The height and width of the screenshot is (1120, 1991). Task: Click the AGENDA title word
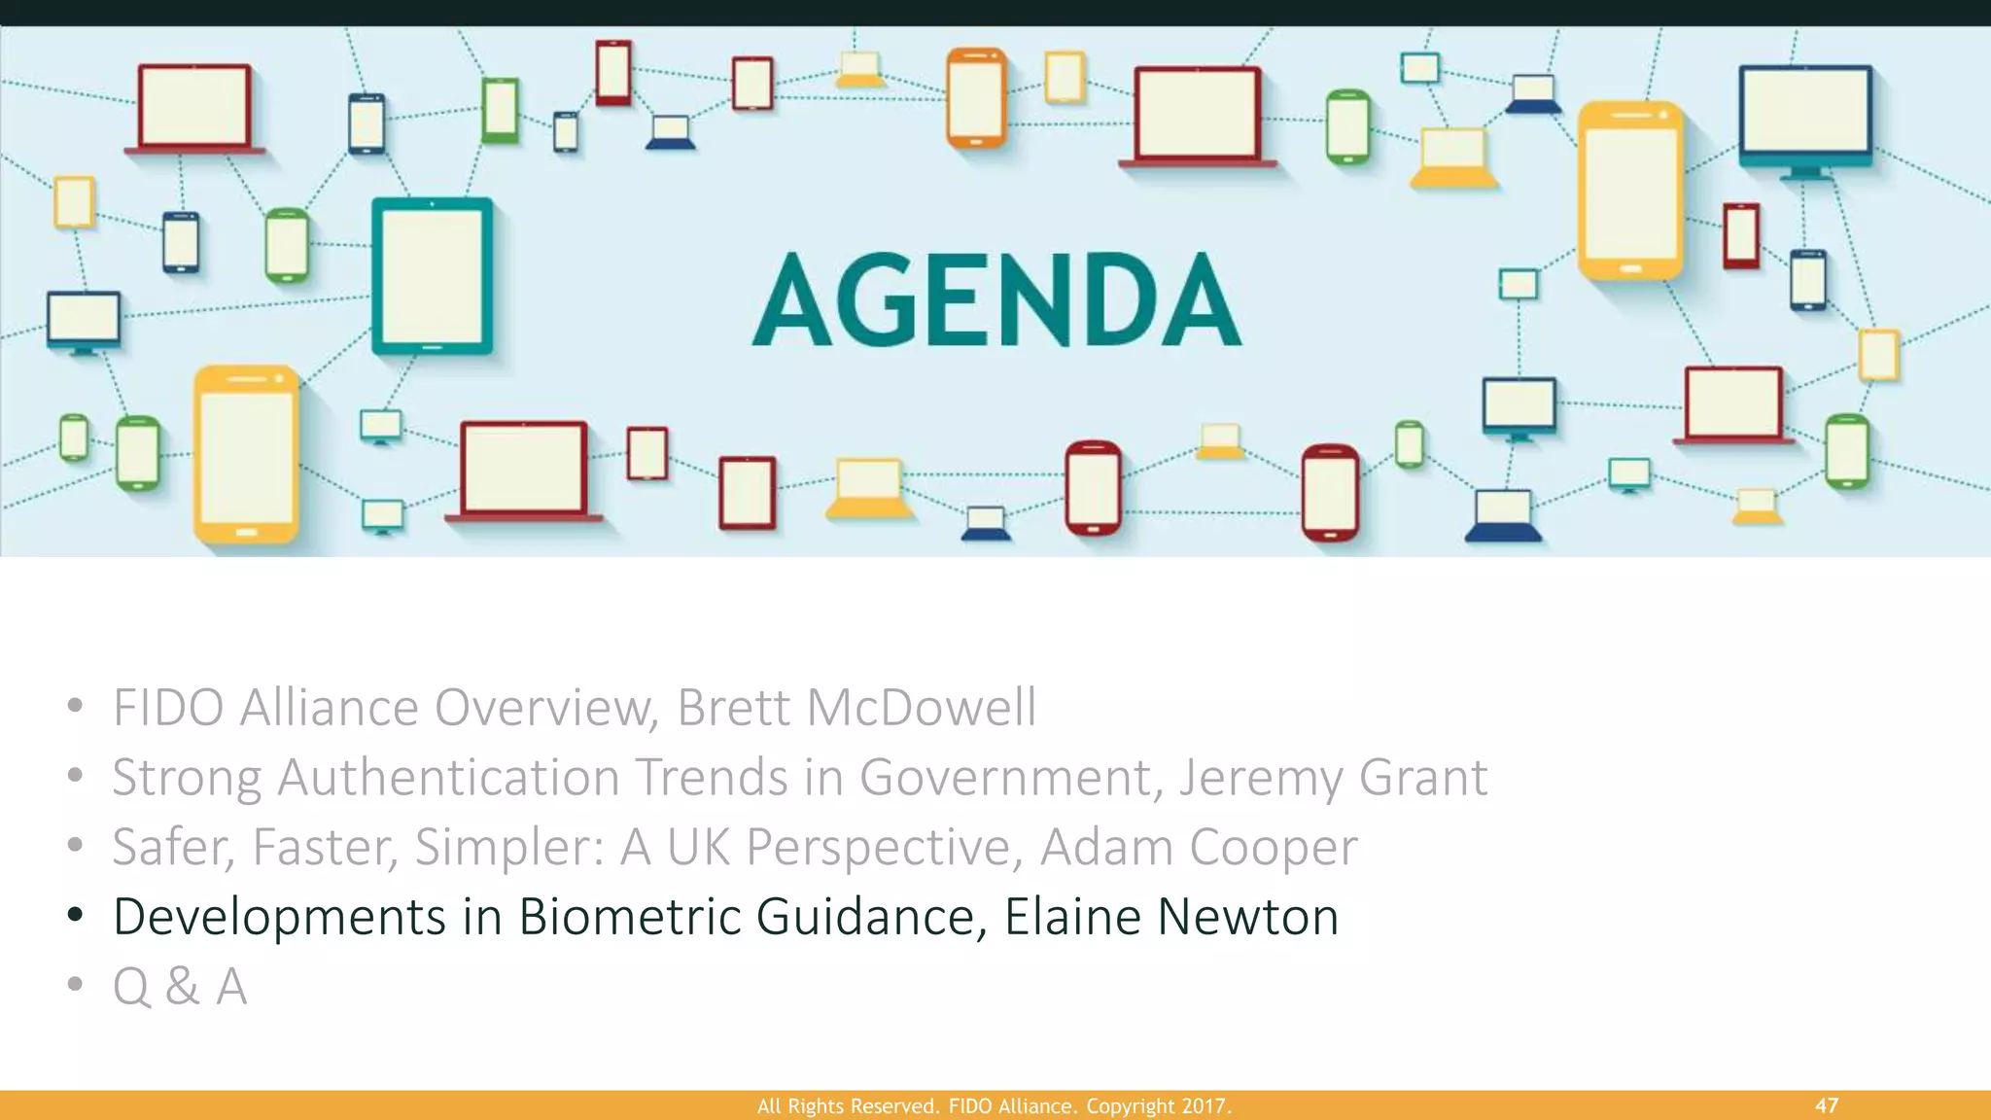996,299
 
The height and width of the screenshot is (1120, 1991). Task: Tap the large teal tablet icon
433,275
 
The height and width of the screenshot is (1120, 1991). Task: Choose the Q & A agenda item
180,987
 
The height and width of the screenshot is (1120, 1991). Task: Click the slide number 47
1826,1105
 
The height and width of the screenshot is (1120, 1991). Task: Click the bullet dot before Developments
76,915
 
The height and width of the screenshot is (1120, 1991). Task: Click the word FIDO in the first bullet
168,707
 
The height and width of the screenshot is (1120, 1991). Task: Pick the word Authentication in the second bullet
448,778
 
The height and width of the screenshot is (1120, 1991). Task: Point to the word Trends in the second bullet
712,778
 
